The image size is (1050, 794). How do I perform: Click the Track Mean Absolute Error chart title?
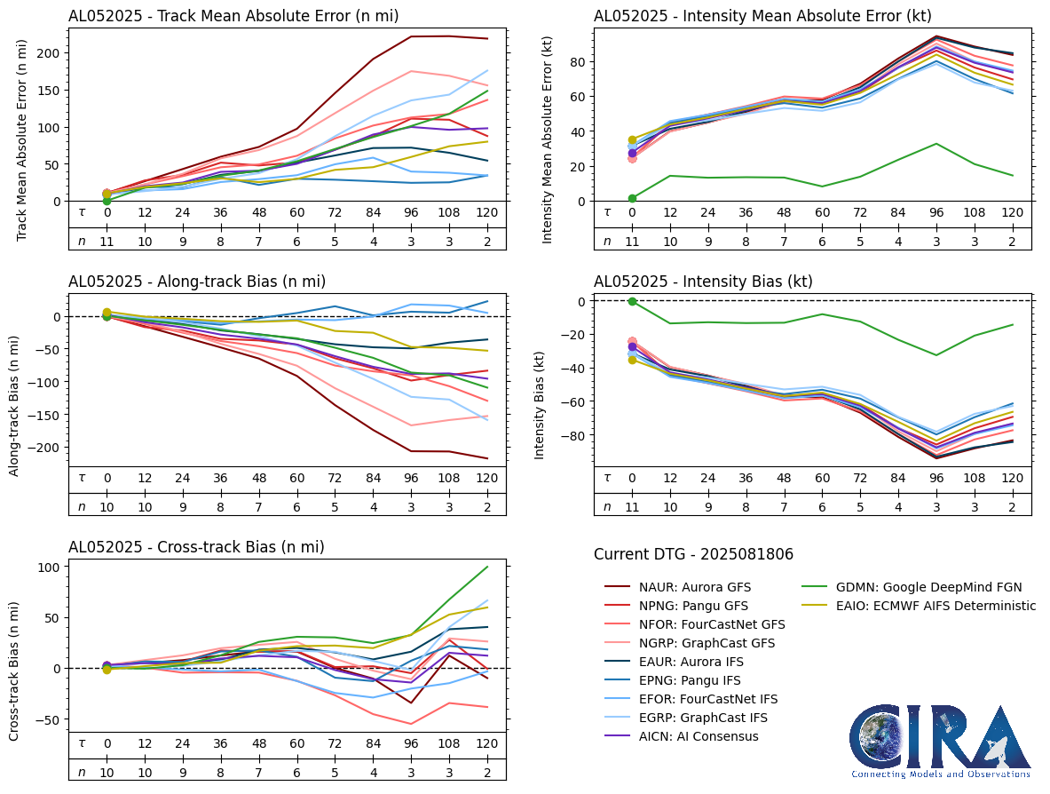pos(233,16)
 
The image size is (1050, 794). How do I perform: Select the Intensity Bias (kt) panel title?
pos(703,282)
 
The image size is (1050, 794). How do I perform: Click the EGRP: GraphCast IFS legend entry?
pos(704,718)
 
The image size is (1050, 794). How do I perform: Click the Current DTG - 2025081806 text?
pos(693,554)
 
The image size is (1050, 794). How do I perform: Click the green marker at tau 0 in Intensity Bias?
pos(632,301)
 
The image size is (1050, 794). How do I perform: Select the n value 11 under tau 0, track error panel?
pos(107,241)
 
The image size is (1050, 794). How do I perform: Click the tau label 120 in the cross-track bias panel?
pos(486,743)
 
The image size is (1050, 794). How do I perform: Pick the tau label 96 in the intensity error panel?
pos(936,212)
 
